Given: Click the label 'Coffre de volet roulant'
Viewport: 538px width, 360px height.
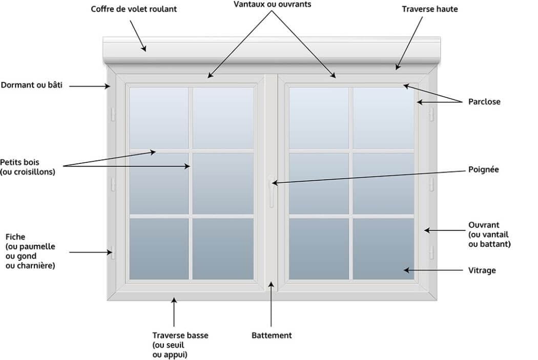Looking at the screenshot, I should click(134, 9).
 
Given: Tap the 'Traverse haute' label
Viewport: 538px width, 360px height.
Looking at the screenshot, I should click(429, 9).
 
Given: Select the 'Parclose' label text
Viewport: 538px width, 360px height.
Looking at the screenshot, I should click(484, 102).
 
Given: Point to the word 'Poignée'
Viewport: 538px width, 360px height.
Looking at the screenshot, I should click(483, 170).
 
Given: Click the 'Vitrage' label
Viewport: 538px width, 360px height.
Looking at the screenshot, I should click(482, 270).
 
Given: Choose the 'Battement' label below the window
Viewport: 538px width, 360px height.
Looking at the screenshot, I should click(272, 335).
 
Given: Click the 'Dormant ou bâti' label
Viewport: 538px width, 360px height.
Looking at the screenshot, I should click(31, 86).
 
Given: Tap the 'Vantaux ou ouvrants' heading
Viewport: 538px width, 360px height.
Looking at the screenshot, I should click(272, 4).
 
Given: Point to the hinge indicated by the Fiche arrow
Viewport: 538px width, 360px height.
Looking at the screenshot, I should click(110, 251).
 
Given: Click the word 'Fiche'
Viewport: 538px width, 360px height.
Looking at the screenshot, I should click(15, 237).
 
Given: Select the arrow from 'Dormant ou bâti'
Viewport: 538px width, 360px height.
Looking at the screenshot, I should click(89, 87).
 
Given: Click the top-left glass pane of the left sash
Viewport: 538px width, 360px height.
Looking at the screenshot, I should click(158, 118).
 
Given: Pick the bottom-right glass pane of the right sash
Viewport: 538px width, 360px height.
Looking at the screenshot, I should click(383, 249).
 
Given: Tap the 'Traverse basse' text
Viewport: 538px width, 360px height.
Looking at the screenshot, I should click(180, 335).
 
